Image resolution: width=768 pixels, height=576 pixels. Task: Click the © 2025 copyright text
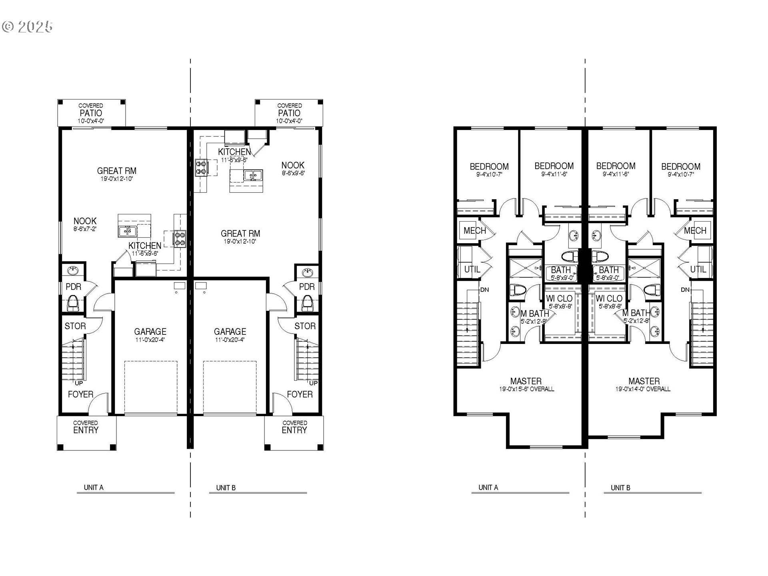[x=27, y=27]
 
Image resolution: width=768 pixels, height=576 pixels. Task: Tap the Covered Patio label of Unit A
[x=91, y=113]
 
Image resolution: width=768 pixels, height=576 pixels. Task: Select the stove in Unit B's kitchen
[x=201, y=167]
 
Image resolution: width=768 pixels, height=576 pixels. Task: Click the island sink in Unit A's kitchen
[x=128, y=231]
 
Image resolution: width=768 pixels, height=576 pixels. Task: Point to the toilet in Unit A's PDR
[x=73, y=302]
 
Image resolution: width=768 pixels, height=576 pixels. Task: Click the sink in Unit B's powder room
[x=307, y=273]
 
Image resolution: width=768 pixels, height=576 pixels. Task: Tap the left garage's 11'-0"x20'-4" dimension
[x=150, y=340]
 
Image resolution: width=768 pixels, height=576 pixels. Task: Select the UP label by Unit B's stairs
[x=313, y=383]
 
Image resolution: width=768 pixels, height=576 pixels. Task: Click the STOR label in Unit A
[x=75, y=326]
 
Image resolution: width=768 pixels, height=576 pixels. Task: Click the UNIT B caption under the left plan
[x=226, y=488]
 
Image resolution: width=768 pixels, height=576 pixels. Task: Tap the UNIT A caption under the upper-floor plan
[x=488, y=488]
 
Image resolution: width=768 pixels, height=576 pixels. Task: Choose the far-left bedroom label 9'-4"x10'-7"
[x=489, y=174]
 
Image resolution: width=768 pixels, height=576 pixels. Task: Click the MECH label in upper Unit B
[x=695, y=230]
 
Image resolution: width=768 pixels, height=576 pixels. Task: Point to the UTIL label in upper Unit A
[x=472, y=270]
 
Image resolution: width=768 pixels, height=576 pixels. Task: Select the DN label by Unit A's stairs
[x=484, y=290]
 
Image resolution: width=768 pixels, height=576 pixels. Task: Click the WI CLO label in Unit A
[x=559, y=298]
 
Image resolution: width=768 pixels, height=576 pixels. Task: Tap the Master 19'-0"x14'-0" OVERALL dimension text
[x=643, y=389]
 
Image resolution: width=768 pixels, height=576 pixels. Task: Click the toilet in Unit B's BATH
[x=600, y=256]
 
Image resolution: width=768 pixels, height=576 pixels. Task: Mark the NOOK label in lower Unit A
[x=85, y=221]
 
